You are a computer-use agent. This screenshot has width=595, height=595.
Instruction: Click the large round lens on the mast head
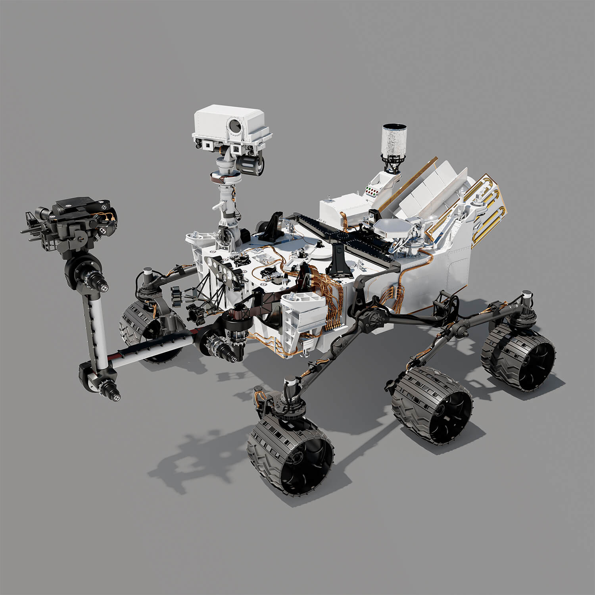(x=234, y=126)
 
